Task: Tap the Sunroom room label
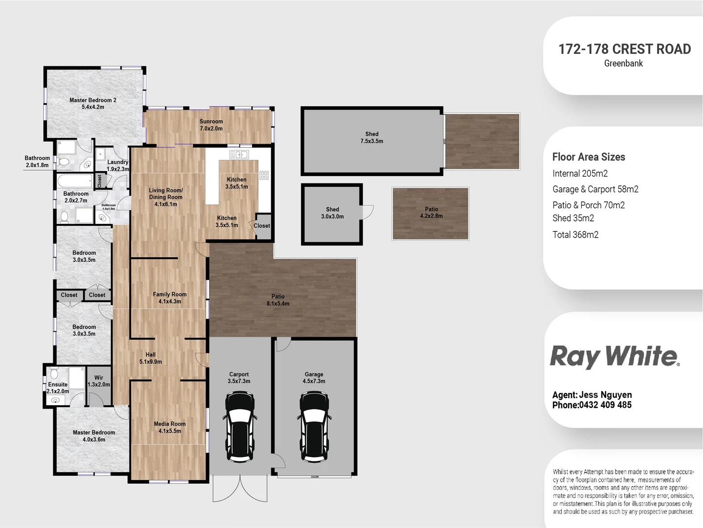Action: (x=211, y=125)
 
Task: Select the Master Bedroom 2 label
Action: (x=93, y=103)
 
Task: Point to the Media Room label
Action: (x=170, y=427)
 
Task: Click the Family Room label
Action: (x=170, y=298)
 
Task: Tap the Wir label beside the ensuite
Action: (x=99, y=381)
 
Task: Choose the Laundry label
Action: (x=118, y=165)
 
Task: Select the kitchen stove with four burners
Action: (x=264, y=175)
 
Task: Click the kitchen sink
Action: (x=239, y=154)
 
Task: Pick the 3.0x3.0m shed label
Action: (x=332, y=213)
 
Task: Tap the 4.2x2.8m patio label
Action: (x=431, y=212)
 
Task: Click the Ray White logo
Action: (x=615, y=356)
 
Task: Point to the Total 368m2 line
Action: (x=575, y=235)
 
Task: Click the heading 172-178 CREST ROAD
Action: (x=624, y=49)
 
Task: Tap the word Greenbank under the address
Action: (x=623, y=64)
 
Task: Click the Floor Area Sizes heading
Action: (x=589, y=157)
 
